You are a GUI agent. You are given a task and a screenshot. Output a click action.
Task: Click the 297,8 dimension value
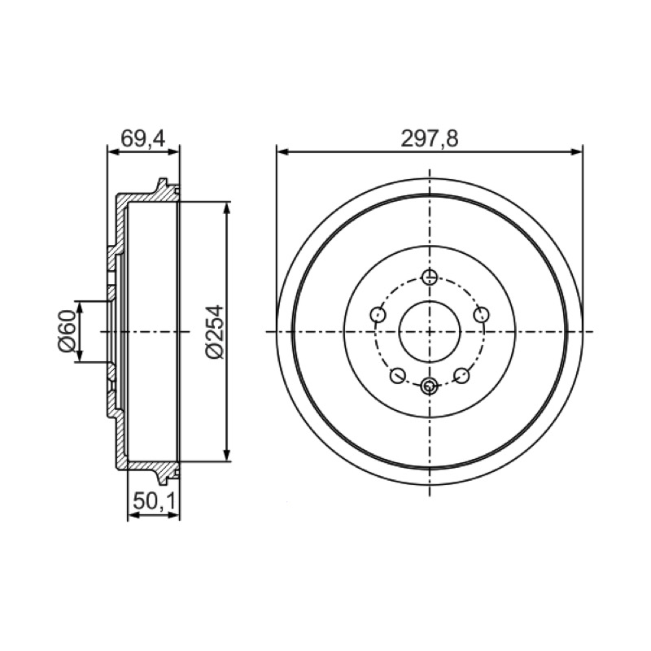pyautogui.click(x=430, y=138)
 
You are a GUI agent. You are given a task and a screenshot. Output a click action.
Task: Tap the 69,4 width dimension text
pyautogui.click(x=143, y=138)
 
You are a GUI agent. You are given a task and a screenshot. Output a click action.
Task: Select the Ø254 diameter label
pyautogui.click(x=215, y=332)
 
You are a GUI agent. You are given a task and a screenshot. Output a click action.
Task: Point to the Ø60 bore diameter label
pyautogui.click(x=68, y=332)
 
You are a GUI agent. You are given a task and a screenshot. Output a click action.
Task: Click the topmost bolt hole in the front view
pyautogui.click(x=430, y=277)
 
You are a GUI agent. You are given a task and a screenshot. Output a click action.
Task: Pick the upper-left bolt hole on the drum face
pyautogui.click(x=378, y=314)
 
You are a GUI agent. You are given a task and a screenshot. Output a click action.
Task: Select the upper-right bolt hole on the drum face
pyautogui.click(x=482, y=314)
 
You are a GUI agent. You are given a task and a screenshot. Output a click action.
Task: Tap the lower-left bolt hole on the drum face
pyautogui.click(x=397, y=375)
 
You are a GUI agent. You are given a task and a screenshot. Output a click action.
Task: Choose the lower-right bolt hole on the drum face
pyautogui.click(x=461, y=375)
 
